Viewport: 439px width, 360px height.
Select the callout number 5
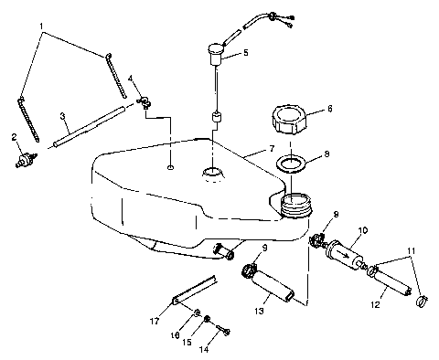(x=244, y=55)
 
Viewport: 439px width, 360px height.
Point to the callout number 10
(x=363, y=230)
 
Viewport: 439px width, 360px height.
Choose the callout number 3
(x=61, y=116)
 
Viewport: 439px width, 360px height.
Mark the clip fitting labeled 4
(x=144, y=101)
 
